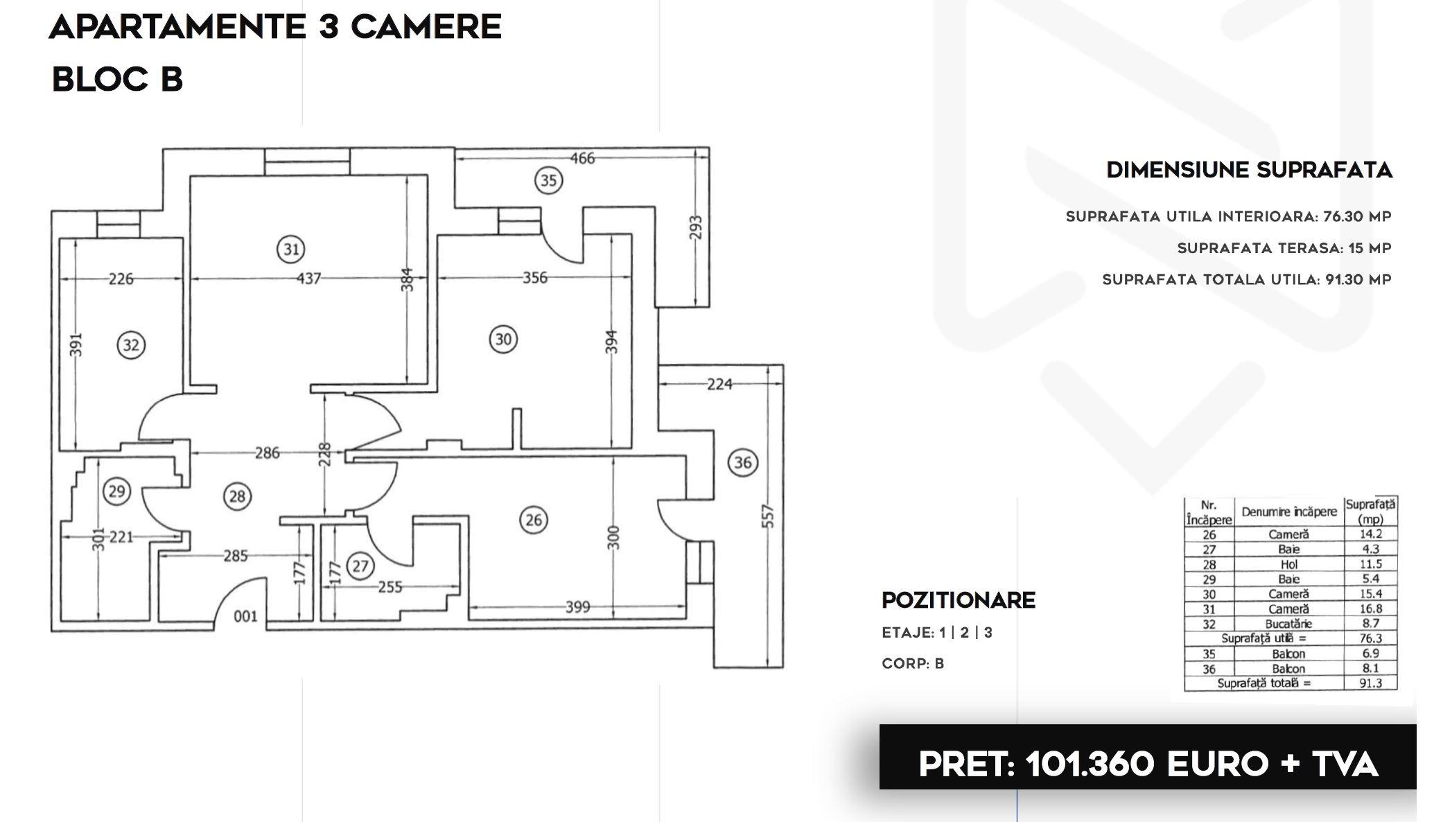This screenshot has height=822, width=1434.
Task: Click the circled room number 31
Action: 291,249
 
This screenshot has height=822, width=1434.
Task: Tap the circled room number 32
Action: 131,344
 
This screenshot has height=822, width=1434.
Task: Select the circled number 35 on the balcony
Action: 548,180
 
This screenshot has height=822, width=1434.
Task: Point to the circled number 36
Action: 742,462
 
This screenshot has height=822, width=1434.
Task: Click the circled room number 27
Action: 360,566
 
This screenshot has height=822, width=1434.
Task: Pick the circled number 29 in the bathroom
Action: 116,491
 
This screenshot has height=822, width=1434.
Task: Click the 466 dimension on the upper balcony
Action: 582,158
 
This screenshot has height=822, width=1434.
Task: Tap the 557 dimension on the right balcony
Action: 768,515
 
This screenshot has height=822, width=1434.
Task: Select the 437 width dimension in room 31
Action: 308,278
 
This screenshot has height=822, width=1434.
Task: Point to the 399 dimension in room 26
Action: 577,607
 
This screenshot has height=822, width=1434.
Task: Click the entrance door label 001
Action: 245,616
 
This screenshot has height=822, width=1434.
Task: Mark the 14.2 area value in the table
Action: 1370,534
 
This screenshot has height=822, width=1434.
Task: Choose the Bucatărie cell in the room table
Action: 1288,624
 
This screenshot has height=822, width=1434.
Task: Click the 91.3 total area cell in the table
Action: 1370,683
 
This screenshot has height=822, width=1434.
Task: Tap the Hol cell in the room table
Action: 1288,564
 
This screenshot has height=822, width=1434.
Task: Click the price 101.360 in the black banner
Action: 1090,764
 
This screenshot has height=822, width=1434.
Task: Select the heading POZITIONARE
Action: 959,600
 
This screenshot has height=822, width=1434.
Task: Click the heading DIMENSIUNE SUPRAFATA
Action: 1249,170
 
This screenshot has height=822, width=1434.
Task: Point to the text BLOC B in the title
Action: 117,79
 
